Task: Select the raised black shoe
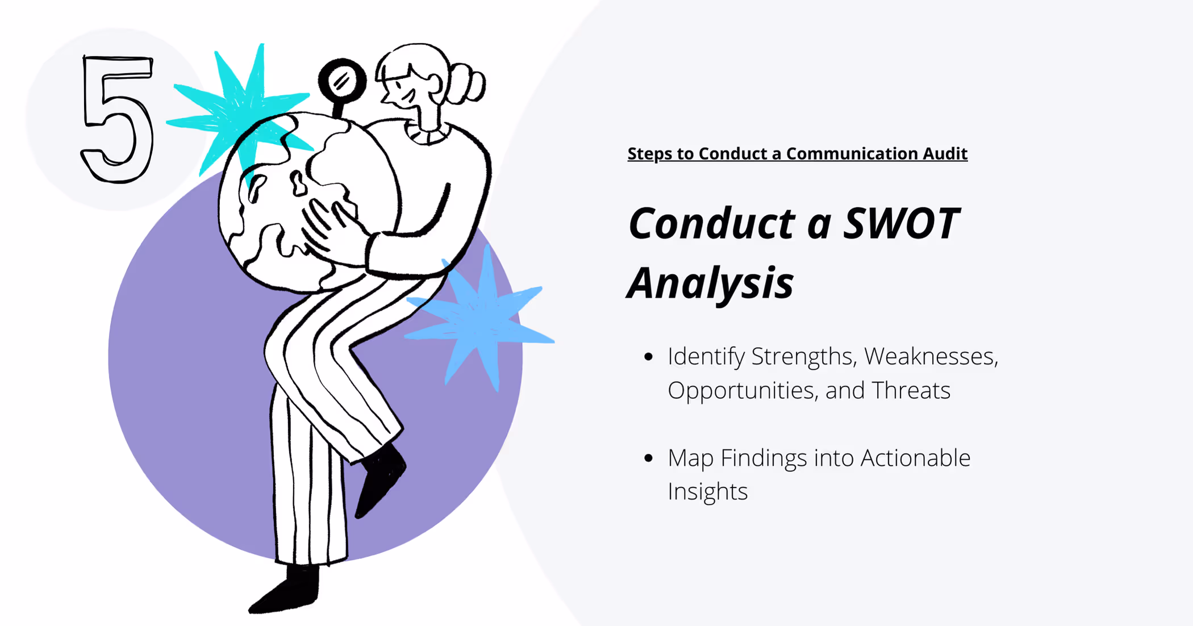381,480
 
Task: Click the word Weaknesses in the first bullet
931,356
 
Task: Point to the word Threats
911,390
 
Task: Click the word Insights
707,491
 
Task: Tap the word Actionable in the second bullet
915,458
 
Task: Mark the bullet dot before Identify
649,357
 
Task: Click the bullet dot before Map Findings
649,458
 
